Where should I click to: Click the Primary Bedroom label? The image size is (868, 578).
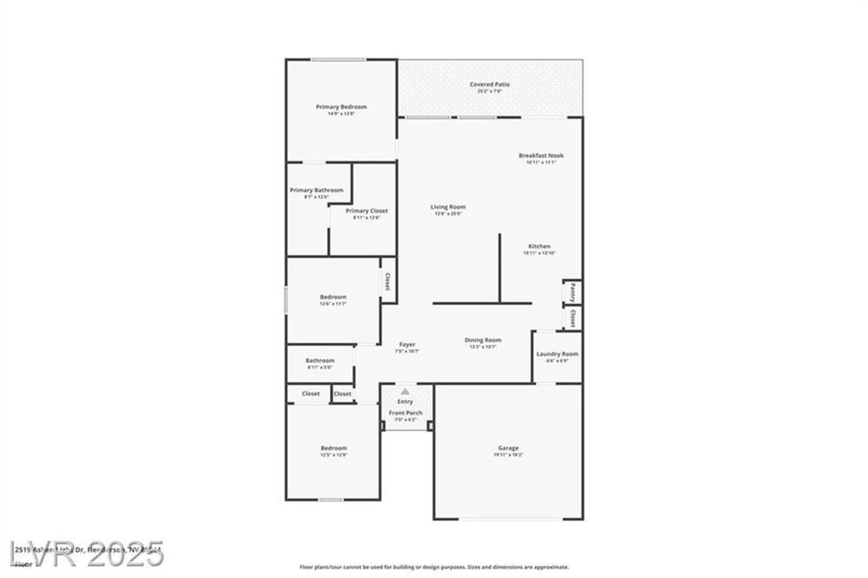pos(341,107)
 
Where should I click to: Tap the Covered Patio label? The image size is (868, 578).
pos(490,85)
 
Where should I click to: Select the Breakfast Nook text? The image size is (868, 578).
pos(541,155)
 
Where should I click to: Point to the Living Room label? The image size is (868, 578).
pos(448,207)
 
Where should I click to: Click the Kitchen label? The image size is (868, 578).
pos(539,246)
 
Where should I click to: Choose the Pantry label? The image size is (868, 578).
pos(573,292)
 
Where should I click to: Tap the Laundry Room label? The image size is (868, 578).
pos(557,354)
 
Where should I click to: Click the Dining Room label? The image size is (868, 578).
pos(483,340)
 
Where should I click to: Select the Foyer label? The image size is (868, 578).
pos(407,345)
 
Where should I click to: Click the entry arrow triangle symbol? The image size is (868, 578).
pos(405,391)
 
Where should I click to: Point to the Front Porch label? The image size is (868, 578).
pos(405,413)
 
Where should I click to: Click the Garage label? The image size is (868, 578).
pos(508,448)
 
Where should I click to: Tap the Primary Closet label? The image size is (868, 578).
pos(367,211)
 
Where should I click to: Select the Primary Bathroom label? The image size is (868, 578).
pos(316,190)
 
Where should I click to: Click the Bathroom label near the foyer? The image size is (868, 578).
pos(320,361)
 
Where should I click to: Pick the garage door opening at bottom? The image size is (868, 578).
pos(510,519)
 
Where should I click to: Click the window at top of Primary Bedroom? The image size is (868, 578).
pos(339,59)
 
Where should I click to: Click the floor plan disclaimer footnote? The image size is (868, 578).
pos(434,567)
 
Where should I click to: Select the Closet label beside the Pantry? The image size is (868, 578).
pos(573,318)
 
